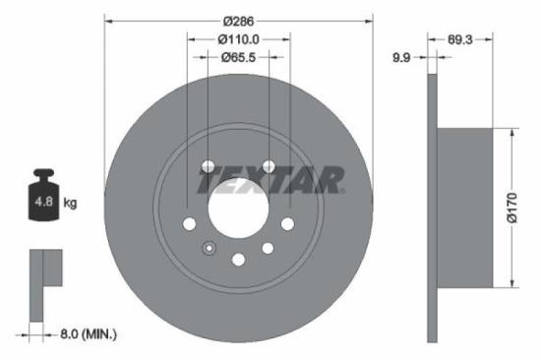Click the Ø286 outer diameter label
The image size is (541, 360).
238,21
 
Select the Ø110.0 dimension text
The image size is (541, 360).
238,39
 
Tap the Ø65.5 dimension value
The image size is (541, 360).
238,57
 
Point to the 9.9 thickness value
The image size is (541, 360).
401,58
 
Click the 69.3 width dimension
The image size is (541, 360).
461,40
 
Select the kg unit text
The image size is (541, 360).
70,204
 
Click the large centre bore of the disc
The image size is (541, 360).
238,209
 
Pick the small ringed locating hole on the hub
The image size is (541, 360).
208,248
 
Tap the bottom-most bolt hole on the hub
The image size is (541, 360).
238,260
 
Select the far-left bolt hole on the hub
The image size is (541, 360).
190,224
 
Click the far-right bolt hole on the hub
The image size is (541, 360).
287,224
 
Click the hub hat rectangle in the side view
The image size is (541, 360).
463,210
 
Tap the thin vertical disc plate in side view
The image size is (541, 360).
431,210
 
